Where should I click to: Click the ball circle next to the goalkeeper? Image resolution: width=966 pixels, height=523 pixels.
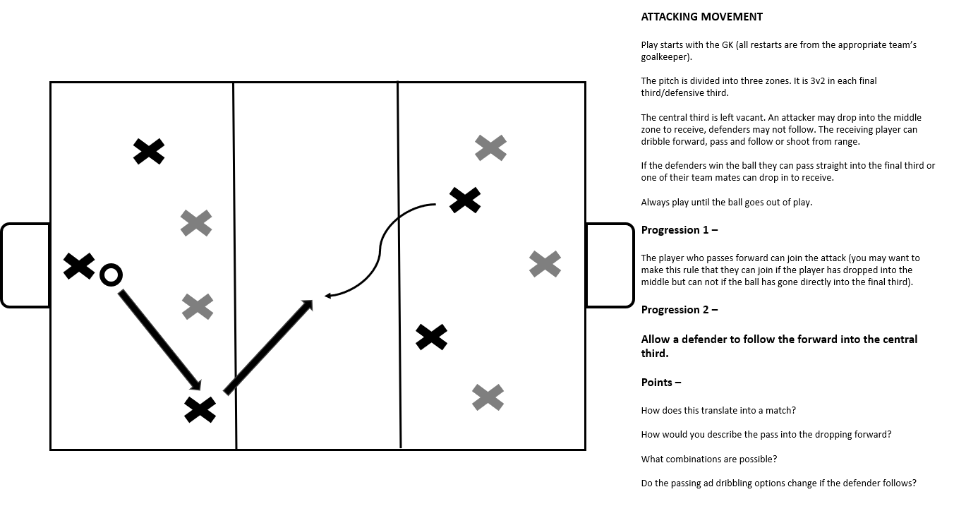pos(111,275)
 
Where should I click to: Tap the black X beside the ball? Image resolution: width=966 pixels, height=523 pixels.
pos(79,266)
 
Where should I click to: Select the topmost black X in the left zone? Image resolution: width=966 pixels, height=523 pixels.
pos(149,151)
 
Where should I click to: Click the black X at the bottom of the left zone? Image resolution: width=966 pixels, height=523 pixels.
pos(200,409)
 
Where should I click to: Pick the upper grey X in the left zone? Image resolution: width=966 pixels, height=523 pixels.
pos(196,223)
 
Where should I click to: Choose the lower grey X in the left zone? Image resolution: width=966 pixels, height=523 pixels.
pos(198,306)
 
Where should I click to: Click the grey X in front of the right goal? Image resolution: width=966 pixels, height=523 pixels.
pos(545,264)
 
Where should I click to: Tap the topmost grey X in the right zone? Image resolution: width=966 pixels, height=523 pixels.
pos(490,148)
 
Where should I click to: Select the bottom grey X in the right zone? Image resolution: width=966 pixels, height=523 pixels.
pos(488,397)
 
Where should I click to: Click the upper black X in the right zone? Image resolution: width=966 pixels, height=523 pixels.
pos(465,200)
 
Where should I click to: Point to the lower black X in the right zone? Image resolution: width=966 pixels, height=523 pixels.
pos(431,337)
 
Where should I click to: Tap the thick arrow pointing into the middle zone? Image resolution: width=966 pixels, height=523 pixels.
pos(268,347)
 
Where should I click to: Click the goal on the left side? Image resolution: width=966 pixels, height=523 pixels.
pos(25,265)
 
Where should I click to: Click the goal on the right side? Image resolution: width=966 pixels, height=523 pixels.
pos(610,265)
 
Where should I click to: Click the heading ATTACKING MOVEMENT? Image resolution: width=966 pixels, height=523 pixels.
pos(701,17)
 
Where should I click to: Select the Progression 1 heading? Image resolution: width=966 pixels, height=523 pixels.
pos(679,230)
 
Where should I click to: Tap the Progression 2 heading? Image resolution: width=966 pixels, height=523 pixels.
pos(679,310)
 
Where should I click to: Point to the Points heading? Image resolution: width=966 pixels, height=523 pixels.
pos(660,383)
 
